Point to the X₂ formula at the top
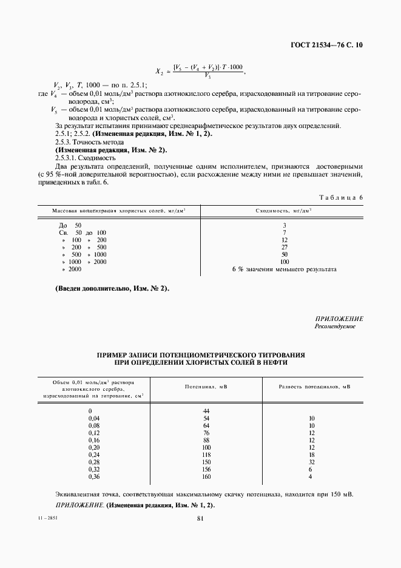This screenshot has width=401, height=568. click(200, 71)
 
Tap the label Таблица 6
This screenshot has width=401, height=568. click(340, 198)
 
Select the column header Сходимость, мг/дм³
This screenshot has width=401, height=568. click(284, 211)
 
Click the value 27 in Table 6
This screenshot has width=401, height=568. click(284, 247)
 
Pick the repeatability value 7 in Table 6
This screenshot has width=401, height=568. click(284, 232)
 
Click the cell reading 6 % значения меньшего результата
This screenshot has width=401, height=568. click(284, 269)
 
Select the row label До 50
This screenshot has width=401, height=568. click(66, 225)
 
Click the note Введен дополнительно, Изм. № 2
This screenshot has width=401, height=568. click(112, 289)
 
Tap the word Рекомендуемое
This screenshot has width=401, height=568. click(335, 326)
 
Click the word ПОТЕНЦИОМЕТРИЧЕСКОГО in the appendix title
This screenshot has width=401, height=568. click(214, 354)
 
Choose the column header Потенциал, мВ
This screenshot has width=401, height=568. click(206, 387)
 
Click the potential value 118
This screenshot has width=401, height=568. click(206, 455)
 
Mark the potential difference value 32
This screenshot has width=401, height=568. click(312, 462)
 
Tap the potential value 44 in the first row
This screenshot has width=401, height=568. click(206, 411)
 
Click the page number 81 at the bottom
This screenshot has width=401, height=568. click(200, 518)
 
